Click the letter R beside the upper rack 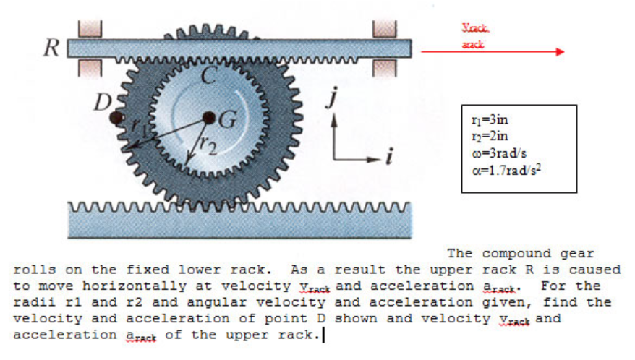[51, 48]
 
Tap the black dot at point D [114, 117]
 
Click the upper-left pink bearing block [90, 27]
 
